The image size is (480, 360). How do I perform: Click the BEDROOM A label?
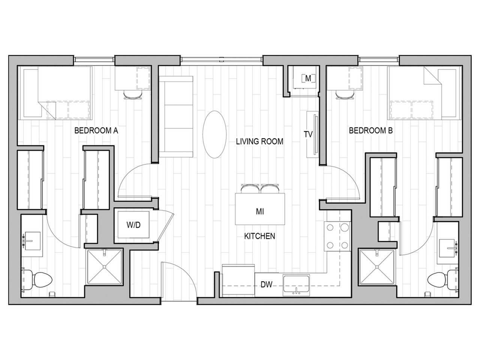coord(96,130)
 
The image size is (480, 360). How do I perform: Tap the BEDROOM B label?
coord(370,130)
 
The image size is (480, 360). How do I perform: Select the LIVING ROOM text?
coord(259,141)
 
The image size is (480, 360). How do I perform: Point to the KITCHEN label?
coord(259,236)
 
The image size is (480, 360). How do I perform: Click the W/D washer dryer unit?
coord(133,225)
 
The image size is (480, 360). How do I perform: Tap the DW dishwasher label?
coord(266,285)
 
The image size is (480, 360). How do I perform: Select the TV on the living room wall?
coord(312,134)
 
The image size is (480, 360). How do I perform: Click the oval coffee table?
coord(214,134)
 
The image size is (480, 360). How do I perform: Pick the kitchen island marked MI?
coord(259,209)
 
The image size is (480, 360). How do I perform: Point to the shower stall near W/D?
coord(105,267)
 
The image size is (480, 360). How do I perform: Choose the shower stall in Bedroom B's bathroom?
coord(377,267)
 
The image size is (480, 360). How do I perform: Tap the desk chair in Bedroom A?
coord(133,95)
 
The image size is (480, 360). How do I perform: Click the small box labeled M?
coord(308,78)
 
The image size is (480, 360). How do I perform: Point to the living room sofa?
coord(176,116)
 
